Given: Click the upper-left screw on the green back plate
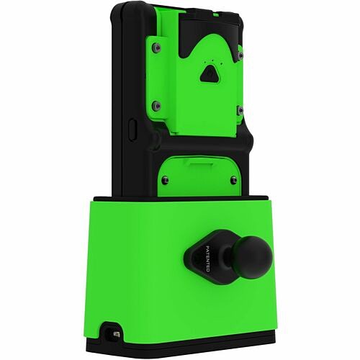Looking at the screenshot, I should tap(156, 48).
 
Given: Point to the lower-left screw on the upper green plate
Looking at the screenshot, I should tap(156, 105).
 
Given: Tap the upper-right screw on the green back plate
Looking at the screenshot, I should tap(240, 52).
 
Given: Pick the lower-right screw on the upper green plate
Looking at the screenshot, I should tap(239, 109).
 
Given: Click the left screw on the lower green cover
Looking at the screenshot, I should tap(165, 180).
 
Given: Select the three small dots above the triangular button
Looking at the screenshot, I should tap(211, 60).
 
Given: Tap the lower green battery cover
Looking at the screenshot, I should tap(198, 176).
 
